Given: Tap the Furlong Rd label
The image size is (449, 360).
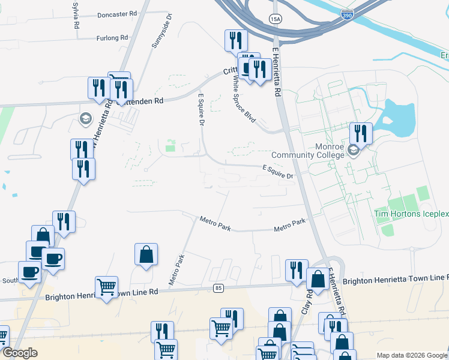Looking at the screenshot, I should [x=112, y=38].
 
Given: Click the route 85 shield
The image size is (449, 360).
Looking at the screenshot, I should [x=218, y=289].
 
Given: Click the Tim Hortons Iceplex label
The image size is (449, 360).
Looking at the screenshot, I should [x=411, y=214].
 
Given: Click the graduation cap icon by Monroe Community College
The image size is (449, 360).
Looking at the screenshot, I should [x=353, y=150].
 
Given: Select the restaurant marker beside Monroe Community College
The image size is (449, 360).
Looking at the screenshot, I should [x=361, y=133].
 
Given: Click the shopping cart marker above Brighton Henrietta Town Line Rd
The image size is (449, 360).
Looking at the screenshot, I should [x=106, y=287].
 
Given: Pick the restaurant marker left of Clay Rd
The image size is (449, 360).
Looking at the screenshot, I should [x=297, y=271].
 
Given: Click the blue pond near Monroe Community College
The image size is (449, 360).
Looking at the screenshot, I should [x=399, y=116].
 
